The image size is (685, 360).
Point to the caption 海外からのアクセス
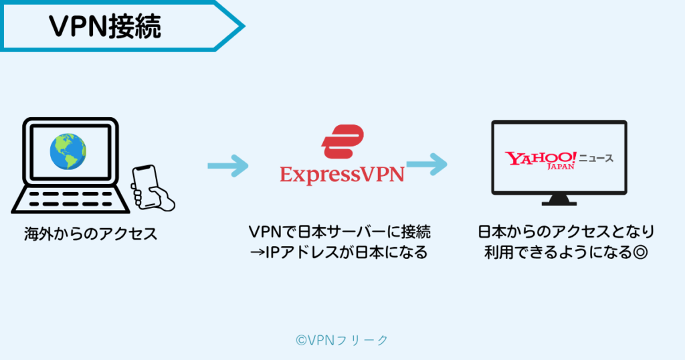90,234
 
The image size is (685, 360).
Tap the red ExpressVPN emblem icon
342,141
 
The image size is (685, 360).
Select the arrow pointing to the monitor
426,164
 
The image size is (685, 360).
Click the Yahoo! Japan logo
540,160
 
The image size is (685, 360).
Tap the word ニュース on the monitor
595,159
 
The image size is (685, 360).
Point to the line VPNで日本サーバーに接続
340,232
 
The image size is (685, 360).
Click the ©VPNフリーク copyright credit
342,340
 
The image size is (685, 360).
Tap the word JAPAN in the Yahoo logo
561,167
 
